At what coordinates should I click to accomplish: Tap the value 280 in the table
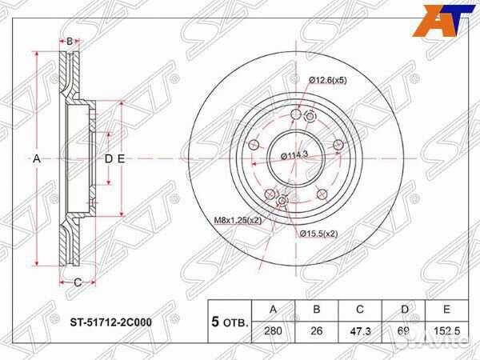point(274,330)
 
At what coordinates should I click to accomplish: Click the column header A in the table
point(274,310)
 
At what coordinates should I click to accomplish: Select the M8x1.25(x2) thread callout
point(238,220)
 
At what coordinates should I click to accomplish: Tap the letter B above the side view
point(70,41)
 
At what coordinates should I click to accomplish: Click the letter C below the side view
point(77,282)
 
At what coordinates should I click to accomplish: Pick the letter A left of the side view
point(36,159)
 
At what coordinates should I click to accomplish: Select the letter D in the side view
point(108,159)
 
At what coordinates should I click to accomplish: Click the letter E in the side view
point(121,159)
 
